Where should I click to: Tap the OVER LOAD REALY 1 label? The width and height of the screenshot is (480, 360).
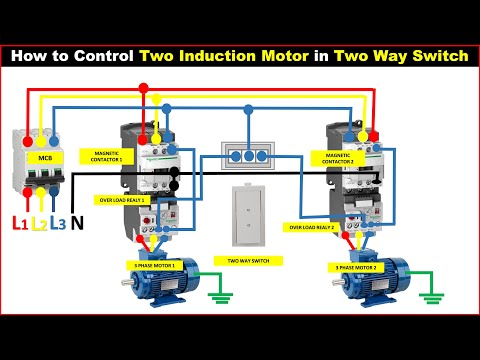pyautogui.click(x=122, y=199)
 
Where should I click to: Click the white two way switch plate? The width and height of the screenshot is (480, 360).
pyautogui.click(x=247, y=214)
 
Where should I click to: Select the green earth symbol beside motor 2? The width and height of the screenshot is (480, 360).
pyautogui.click(x=433, y=296)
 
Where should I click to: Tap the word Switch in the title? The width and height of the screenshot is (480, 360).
pyautogui.click(x=437, y=56)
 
